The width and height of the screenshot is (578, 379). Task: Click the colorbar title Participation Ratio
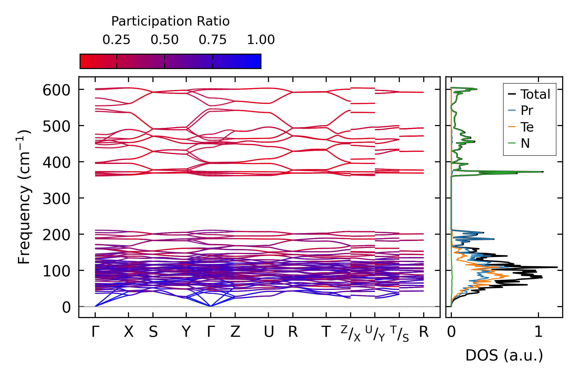170,21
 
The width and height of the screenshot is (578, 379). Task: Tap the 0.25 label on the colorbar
116,40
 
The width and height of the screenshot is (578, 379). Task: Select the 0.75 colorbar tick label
213,40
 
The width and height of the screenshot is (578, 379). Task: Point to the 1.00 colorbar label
261,40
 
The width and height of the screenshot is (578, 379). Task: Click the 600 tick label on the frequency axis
56,91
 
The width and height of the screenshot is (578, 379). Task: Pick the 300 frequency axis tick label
56,199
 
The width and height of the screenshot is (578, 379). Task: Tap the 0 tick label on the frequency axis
66,308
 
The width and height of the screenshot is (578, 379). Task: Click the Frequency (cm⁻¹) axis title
24,197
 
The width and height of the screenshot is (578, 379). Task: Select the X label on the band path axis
129,332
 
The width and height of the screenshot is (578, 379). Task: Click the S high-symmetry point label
153,332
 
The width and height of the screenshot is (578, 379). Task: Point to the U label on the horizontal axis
269,332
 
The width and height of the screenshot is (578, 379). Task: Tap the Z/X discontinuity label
351,333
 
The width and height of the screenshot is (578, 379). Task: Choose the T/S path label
400,333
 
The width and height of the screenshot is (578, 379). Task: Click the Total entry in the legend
535,94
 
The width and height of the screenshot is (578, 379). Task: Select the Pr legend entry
527,111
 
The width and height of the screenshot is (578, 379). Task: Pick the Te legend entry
527,127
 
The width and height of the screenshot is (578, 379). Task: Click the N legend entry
525,143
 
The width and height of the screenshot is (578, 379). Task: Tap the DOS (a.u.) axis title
504,355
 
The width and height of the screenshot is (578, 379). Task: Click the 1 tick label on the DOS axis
538,332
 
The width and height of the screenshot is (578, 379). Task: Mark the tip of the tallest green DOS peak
543,172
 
